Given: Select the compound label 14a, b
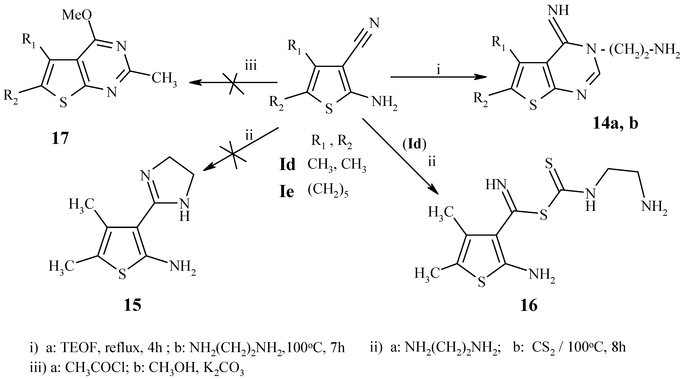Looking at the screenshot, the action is [x=615, y=124].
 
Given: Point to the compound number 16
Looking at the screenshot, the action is [x=529, y=306].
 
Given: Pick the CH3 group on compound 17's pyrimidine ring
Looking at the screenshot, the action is [x=164, y=79].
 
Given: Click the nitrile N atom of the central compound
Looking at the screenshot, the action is [x=374, y=23].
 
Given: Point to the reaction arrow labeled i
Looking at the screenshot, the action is [x=439, y=77].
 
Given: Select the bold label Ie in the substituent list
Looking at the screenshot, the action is [x=287, y=192].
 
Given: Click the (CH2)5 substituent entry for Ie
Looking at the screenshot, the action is [x=327, y=192].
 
